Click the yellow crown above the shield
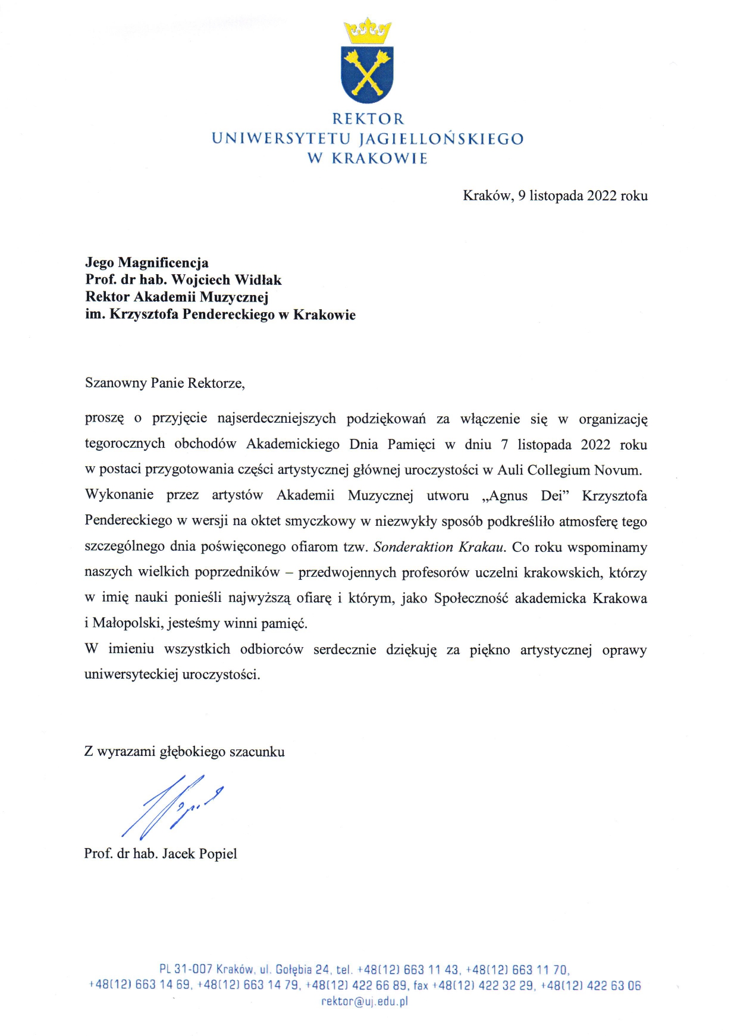click(367, 31)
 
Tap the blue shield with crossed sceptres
click(367, 73)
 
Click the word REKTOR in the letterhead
click(368, 119)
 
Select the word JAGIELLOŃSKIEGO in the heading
click(441, 139)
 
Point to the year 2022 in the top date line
click(601, 196)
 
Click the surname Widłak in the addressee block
click(258, 280)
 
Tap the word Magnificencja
click(164, 262)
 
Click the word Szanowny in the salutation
click(116, 382)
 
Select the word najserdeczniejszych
click(277, 419)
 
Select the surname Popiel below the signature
click(217, 854)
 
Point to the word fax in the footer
click(421, 985)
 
